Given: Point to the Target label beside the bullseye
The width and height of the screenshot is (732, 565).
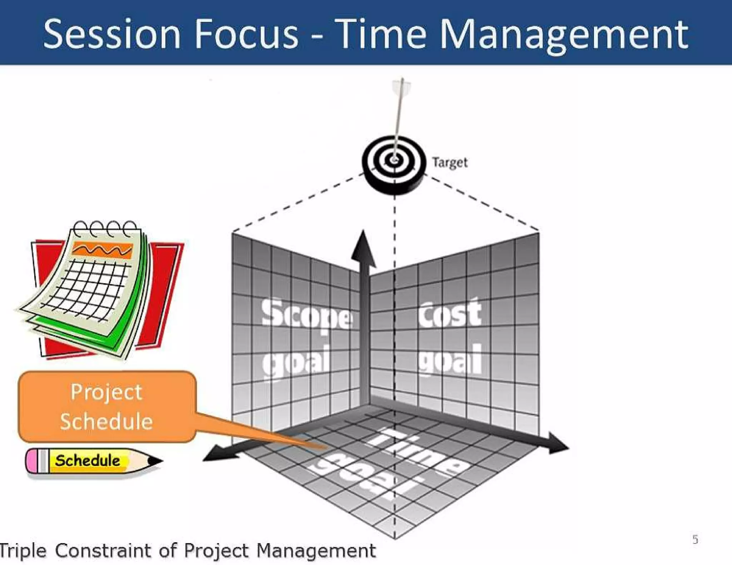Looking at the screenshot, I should (x=450, y=162).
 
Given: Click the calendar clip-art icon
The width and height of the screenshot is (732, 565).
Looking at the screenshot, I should (x=100, y=289).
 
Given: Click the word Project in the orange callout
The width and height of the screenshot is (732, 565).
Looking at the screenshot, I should (x=107, y=392).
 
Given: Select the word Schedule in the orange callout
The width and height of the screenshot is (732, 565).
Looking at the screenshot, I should (x=107, y=421).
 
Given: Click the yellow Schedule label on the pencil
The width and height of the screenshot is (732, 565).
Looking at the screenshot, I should (x=88, y=460).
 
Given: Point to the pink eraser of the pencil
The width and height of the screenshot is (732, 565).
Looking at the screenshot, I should (x=31, y=461).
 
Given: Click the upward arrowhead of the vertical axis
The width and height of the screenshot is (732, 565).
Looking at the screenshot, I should (x=363, y=248).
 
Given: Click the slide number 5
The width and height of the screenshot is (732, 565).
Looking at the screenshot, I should (x=695, y=539).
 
